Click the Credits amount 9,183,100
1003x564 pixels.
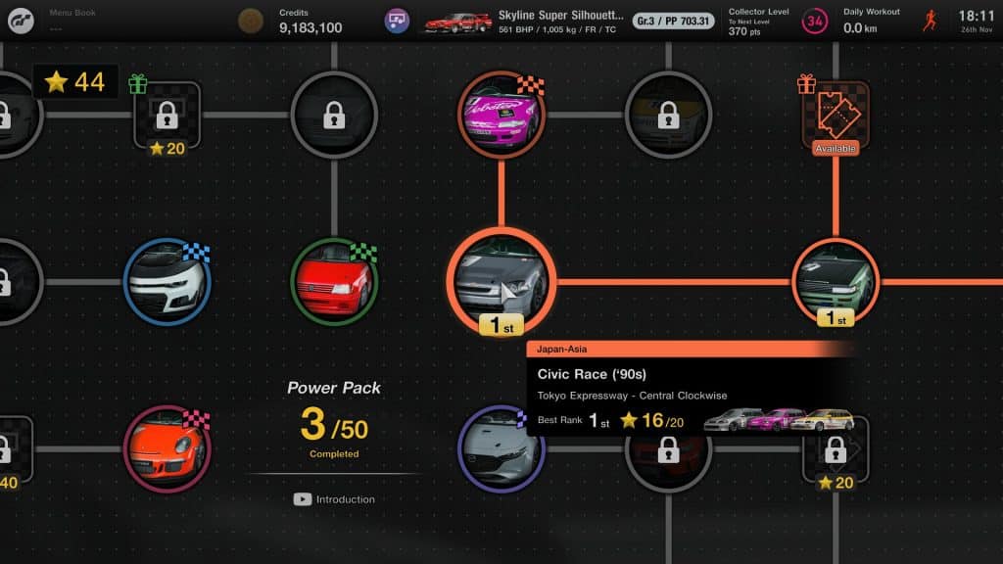coord(310,27)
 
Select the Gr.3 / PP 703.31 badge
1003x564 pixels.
coord(673,21)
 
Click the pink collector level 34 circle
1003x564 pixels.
coord(814,21)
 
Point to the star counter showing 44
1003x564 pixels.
coord(75,82)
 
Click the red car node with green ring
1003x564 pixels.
coord(334,282)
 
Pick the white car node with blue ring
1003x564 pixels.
coord(167,282)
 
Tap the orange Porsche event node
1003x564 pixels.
coord(167,448)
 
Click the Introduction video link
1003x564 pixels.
coord(335,499)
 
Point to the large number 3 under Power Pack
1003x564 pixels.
coord(312,425)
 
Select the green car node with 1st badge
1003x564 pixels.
coord(836,280)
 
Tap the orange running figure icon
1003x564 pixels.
coord(931,21)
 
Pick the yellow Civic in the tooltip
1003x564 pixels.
coord(823,421)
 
